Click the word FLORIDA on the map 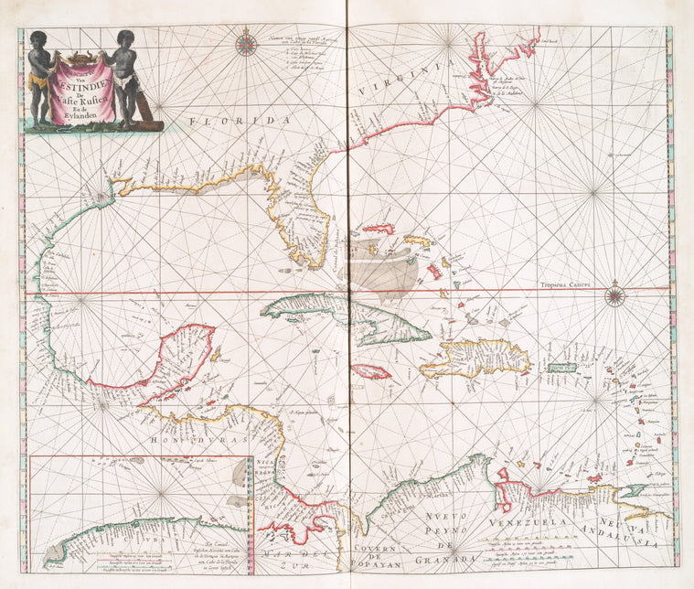point(239,121)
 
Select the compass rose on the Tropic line point(614,294)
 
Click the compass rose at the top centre point(246,43)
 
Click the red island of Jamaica point(371,371)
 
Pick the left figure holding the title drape point(38,78)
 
